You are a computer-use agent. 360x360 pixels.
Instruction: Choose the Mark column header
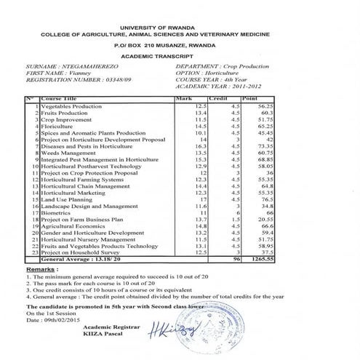(x=183, y=98)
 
